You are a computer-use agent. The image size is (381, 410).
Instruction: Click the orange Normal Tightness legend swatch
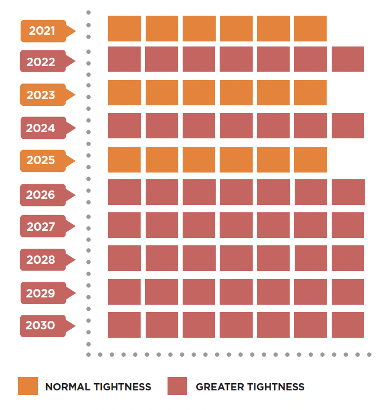point(28,386)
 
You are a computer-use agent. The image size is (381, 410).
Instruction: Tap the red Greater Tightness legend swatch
point(177,386)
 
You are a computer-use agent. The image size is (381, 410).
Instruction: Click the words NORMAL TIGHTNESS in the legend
point(98,386)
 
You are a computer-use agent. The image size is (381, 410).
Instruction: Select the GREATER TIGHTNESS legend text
point(250,386)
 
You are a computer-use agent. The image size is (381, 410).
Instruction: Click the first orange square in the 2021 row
point(124,29)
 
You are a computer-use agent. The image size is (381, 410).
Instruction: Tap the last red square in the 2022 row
point(348,59)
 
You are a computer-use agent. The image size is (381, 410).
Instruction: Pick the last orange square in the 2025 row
point(310,160)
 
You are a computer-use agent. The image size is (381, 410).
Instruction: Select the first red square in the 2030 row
point(124,325)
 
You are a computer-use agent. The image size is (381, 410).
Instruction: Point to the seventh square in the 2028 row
point(348,258)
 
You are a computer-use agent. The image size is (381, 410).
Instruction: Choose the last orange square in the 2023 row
point(310,93)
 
